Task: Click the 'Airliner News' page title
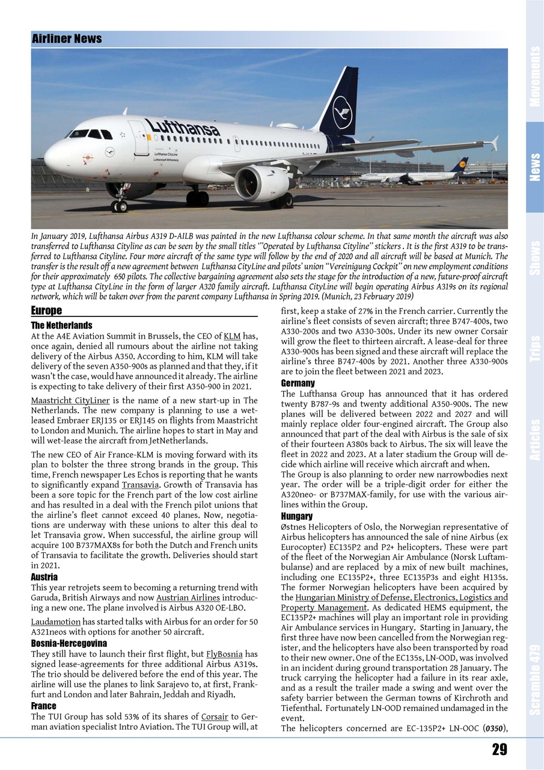67,39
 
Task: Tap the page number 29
499,749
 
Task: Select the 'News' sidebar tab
534,167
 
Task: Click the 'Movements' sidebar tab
534,77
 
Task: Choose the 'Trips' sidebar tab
534,348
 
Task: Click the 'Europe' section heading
46,311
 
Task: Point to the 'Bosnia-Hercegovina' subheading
69,644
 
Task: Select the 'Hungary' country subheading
297,516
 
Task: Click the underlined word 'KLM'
231,336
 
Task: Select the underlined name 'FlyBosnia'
224,654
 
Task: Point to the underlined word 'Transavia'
140,485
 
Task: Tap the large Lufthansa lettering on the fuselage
182,127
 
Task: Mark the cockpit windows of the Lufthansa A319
90,134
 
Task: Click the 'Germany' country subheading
298,383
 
